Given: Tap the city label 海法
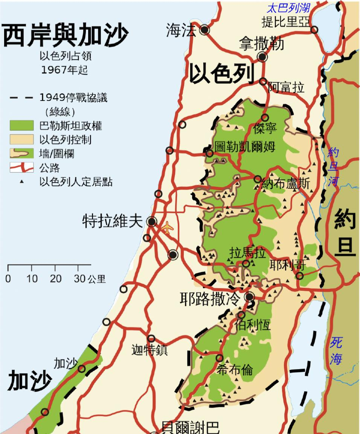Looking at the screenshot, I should click(x=181, y=31).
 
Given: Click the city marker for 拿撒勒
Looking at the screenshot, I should click(x=262, y=57).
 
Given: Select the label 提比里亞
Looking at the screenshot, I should click(x=285, y=21).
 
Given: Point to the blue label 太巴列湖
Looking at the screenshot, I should click(x=288, y=8).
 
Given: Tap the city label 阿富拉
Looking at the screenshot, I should click(x=286, y=89).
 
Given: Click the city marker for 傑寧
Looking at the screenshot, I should click(x=265, y=118).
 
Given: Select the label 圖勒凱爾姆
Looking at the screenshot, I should click(x=245, y=146).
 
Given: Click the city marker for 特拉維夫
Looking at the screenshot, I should click(x=152, y=222).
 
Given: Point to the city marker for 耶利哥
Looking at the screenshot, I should click(x=300, y=276).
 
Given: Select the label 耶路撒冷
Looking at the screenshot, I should click(x=210, y=300).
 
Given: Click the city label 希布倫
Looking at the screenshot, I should click(x=235, y=370).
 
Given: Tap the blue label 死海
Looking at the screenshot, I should click(x=336, y=350).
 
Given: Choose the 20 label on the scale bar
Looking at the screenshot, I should click(x=55, y=279).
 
